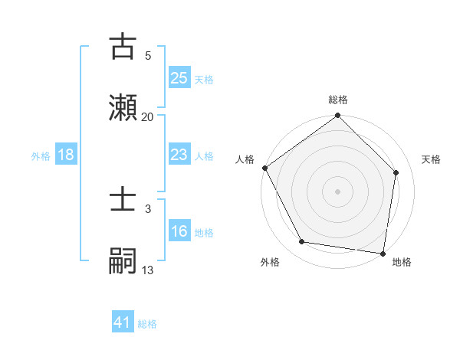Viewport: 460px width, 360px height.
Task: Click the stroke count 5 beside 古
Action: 148,56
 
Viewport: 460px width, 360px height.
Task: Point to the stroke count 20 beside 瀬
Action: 148,116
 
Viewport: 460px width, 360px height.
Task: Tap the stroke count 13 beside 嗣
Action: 148,270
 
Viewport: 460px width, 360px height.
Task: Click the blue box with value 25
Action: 179,77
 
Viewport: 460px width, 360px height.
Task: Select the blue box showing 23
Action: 179,155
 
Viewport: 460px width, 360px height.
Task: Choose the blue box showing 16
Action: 179,231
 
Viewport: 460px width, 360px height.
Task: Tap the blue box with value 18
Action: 66,155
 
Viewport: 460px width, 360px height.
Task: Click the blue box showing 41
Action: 123,322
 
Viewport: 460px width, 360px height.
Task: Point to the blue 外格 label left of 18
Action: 41,155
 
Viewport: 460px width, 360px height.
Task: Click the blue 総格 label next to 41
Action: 147,324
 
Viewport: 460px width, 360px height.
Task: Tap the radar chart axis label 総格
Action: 338,100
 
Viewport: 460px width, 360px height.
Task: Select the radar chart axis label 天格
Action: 431,159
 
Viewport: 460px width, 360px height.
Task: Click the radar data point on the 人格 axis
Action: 264,168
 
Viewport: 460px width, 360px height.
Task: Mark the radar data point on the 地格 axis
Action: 382,252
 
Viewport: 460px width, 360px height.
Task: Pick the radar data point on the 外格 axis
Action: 302,242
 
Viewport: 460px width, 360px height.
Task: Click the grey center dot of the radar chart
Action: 338,191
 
